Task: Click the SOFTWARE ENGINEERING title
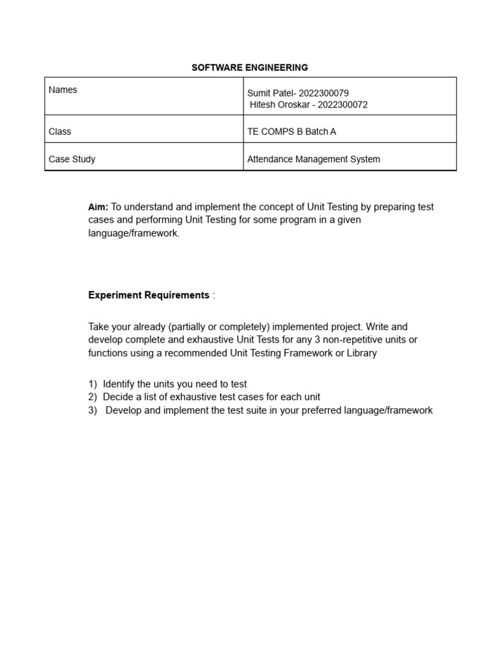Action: click(x=249, y=67)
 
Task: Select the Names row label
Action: click(x=62, y=90)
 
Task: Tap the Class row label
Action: click(x=60, y=132)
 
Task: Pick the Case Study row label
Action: click(x=72, y=159)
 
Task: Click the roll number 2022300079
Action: click(x=324, y=93)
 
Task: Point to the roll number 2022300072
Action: click(x=342, y=104)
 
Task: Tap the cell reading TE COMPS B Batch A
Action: click(x=292, y=132)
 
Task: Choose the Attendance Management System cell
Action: click(x=313, y=159)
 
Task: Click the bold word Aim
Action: click(x=98, y=207)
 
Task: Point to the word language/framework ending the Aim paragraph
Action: click(x=133, y=233)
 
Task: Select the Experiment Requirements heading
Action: click(x=148, y=295)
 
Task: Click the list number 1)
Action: click(x=92, y=384)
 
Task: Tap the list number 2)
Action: click(x=92, y=397)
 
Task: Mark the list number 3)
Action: click(x=92, y=410)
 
